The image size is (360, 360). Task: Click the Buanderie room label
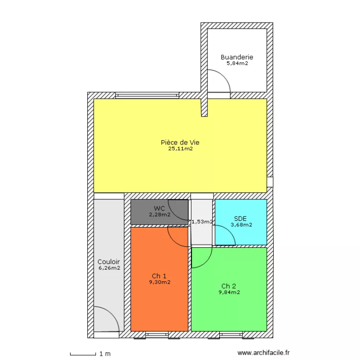click(x=237, y=57)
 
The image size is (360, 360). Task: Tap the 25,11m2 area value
click(x=180, y=148)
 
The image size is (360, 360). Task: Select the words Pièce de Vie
click(x=180, y=143)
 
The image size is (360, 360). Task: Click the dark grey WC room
click(x=159, y=212)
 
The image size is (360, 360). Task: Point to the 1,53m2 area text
click(x=202, y=222)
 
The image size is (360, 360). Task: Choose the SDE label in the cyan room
click(x=240, y=218)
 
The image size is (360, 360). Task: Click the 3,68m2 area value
click(x=241, y=225)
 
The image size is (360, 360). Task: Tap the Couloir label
click(x=108, y=262)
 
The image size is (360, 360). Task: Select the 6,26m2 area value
click(x=109, y=268)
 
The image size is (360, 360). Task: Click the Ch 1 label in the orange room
click(x=159, y=276)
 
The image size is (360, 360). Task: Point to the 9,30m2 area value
click(x=160, y=282)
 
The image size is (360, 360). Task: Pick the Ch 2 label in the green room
click(x=228, y=286)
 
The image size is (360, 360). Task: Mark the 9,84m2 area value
click(x=229, y=292)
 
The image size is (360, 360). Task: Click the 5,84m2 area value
click(x=238, y=63)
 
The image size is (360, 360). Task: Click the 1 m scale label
click(x=105, y=354)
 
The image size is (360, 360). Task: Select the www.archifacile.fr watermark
click(x=264, y=353)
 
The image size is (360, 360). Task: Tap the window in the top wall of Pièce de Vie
click(x=147, y=96)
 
